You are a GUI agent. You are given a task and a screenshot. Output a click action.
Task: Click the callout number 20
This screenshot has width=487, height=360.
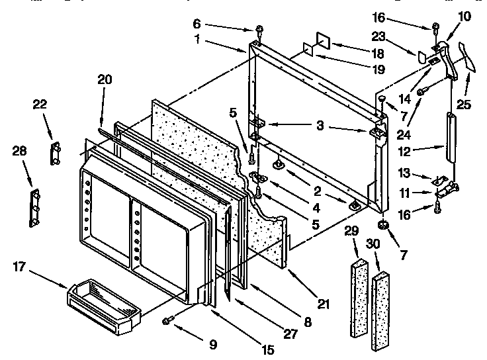104,80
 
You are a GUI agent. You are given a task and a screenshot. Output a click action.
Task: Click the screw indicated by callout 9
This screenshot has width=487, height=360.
167,320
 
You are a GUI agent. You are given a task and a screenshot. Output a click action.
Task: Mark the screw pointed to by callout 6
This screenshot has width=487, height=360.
259,30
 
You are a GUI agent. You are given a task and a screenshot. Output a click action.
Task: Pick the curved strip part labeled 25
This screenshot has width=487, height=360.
471,55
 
